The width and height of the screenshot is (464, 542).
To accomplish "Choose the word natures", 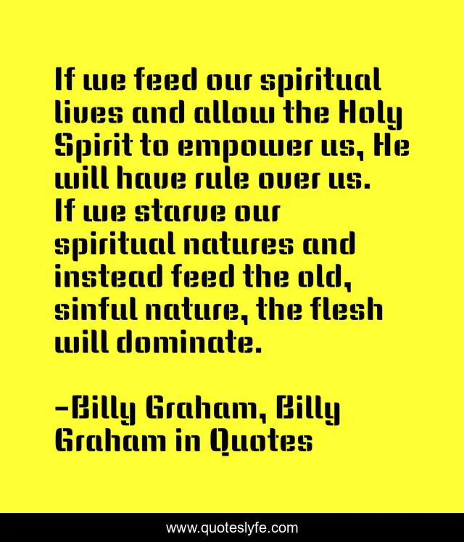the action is pyautogui.click(x=239, y=244).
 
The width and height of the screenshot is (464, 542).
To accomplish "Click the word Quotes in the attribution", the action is pyautogui.click(x=261, y=441).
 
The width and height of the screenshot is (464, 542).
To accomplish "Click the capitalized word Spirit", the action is pyautogui.click(x=94, y=147).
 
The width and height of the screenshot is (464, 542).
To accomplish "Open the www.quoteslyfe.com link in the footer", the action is pyautogui.click(x=232, y=527).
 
